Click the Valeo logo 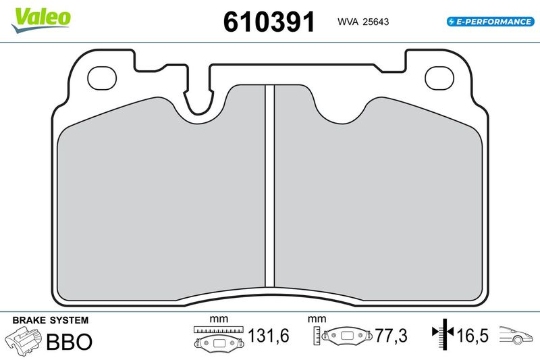(x=40, y=20)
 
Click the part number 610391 (x=269, y=22)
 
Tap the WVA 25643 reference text (x=363, y=22)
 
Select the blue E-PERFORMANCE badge (x=491, y=22)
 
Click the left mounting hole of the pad (x=102, y=78)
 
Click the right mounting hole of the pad (x=439, y=78)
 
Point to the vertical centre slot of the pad (x=269, y=186)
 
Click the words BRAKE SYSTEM (x=50, y=320)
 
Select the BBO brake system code (x=70, y=342)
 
